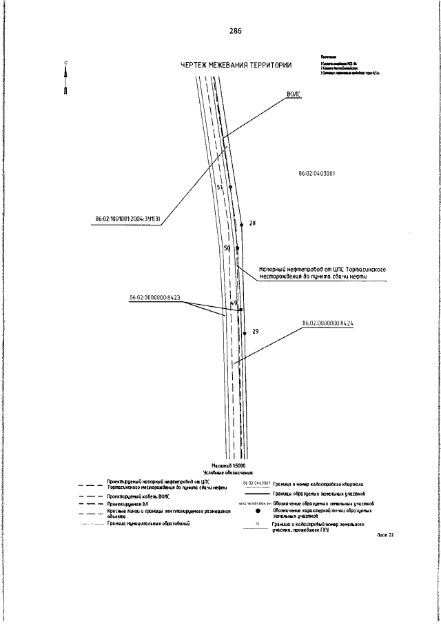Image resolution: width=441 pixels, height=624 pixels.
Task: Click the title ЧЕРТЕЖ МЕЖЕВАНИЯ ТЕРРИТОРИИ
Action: click(236, 65)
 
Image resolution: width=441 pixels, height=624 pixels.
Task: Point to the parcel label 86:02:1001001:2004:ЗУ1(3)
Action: click(128, 220)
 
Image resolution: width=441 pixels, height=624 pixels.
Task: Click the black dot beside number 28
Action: click(242, 225)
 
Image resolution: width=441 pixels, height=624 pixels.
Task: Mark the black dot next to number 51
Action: click(230, 187)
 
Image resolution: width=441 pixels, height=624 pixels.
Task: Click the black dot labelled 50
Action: click(237, 248)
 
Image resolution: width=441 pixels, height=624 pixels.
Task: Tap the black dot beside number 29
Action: click(245, 333)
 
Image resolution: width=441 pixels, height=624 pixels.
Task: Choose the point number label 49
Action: click(234, 303)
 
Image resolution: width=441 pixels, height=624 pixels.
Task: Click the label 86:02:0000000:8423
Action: click(155, 298)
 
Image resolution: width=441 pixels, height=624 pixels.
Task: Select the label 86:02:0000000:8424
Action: click(331, 322)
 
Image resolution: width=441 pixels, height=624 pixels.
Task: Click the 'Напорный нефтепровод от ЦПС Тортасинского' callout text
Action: click(320, 270)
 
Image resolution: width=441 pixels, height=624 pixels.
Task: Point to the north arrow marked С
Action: click(65, 79)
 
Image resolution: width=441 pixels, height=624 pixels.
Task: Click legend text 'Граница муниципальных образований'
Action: click(149, 524)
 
